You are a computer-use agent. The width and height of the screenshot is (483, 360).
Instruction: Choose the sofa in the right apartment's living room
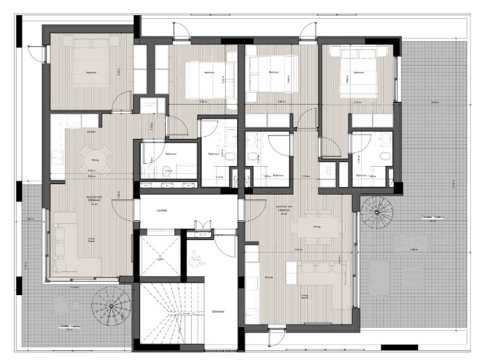(317, 273)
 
